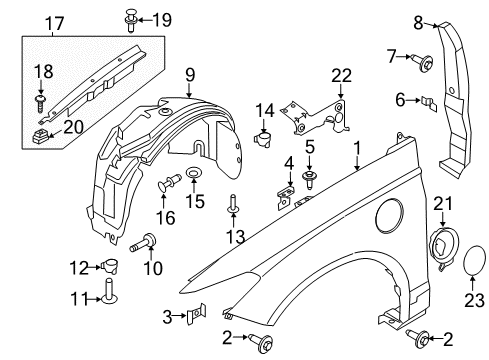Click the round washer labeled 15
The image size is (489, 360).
192,175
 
